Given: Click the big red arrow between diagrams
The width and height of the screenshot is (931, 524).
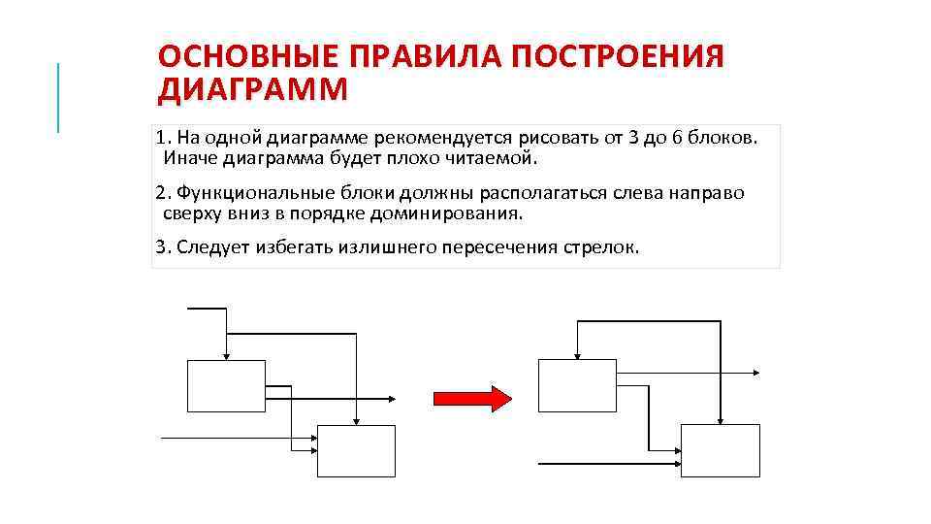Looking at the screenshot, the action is pyautogui.click(x=471, y=397).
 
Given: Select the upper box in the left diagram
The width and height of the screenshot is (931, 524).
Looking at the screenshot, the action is pyautogui.click(x=226, y=385).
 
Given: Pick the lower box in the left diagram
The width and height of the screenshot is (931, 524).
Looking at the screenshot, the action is pyautogui.click(x=356, y=450).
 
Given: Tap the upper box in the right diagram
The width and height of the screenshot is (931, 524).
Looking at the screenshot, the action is pyautogui.click(x=576, y=385).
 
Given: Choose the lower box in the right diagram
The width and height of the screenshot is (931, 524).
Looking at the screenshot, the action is pyautogui.click(x=720, y=450).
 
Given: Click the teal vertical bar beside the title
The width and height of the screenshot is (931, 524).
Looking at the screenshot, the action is pyautogui.click(x=58, y=97).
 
